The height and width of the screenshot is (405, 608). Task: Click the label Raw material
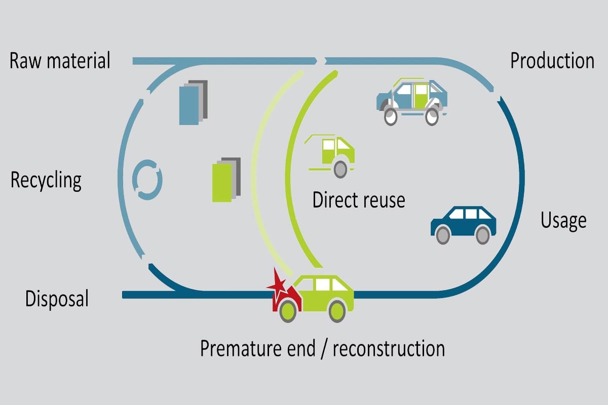click(60, 61)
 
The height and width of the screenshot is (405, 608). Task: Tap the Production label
click(552, 61)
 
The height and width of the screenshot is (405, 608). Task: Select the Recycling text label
click(46, 180)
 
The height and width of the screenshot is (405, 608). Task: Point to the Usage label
click(563, 220)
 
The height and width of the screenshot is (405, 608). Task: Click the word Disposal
click(57, 298)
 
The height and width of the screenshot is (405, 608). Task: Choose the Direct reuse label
click(359, 199)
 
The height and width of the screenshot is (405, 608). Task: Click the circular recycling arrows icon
click(147, 179)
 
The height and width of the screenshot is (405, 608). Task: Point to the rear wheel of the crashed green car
click(337, 310)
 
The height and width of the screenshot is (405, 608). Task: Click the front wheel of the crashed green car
click(288, 310)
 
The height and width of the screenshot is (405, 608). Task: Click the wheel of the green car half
click(340, 169)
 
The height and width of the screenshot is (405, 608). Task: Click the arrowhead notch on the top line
click(321, 61)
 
